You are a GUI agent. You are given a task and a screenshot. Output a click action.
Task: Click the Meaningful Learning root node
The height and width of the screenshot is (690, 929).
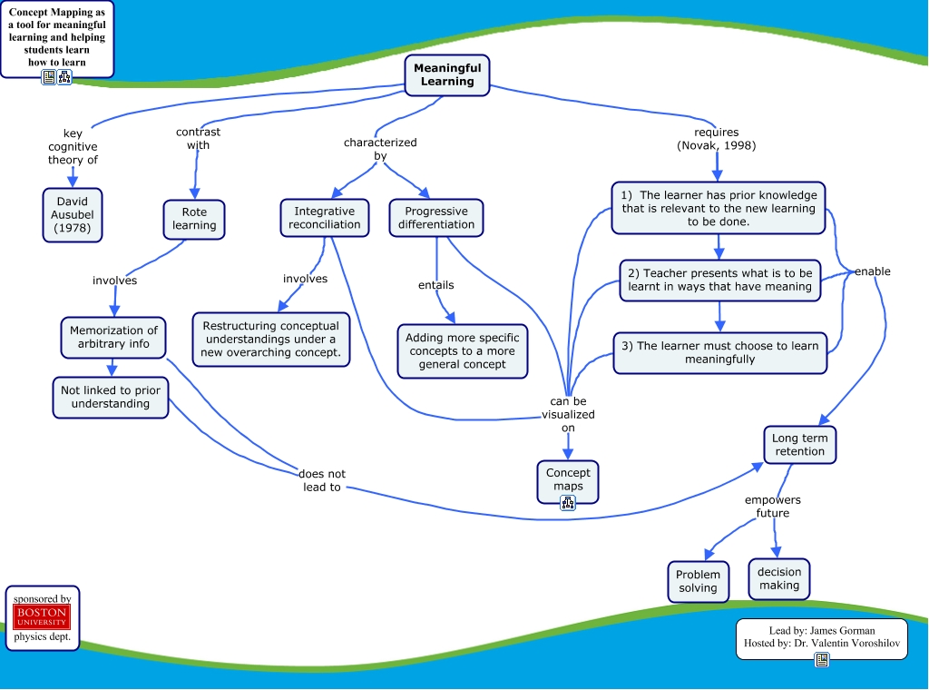click(x=447, y=74)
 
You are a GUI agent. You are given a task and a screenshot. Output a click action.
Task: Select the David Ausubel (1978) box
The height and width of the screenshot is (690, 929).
click(x=73, y=215)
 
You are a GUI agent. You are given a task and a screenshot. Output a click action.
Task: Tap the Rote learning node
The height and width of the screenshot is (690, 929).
click(x=194, y=219)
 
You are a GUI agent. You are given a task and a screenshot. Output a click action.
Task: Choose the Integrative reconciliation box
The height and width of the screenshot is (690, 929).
click(x=325, y=218)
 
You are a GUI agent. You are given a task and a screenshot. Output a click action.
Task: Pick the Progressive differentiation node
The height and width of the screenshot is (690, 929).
click(x=436, y=218)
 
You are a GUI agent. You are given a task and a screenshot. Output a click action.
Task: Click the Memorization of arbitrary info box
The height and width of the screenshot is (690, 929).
click(x=113, y=337)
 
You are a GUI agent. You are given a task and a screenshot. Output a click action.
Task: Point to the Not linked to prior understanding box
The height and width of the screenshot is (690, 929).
click(x=111, y=397)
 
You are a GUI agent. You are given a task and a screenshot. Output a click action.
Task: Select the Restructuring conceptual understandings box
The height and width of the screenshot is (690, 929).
click(x=271, y=339)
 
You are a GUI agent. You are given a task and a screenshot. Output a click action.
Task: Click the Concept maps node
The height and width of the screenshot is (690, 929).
click(x=568, y=479)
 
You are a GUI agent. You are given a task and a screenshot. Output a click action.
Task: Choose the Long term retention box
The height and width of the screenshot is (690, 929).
click(x=799, y=445)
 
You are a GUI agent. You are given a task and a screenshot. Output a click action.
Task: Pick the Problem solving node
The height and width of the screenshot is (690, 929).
click(x=698, y=581)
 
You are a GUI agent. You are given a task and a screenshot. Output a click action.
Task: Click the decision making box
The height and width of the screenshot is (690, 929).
click(x=779, y=578)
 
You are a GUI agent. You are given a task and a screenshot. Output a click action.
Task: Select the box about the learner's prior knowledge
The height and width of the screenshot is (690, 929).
click(x=719, y=208)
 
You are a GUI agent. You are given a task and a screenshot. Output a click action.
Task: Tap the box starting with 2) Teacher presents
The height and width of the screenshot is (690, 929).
click(x=720, y=280)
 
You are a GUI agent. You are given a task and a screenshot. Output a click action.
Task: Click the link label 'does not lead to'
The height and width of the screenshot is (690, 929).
click(x=322, y=480)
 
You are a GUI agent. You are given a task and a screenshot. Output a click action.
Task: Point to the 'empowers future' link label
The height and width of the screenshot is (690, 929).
click(x=773, y=507)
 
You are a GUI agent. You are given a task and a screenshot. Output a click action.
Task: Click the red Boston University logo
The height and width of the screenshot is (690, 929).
click(x=42, y=617)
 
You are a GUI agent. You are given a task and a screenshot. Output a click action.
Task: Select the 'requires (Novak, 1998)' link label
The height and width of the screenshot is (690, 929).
click(x=717, y=139)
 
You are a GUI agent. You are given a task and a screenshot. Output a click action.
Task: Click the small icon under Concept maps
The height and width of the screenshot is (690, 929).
click(x=568, y=503)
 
